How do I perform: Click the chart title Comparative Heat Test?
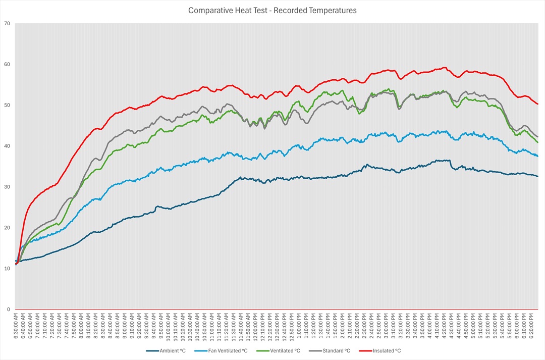tap(272, 10)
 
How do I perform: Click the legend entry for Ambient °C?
tap(172, 350)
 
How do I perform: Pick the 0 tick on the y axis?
tap(8, 310)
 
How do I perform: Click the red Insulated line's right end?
tap(538, 104)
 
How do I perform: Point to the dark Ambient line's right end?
tap(538, 176)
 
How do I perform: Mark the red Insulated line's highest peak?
tap(444, 67)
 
